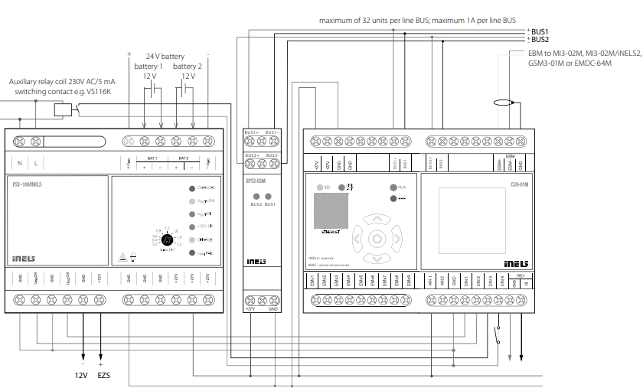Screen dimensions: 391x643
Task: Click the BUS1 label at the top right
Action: tap(540, 31)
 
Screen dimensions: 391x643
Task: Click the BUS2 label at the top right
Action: tap(540, 39)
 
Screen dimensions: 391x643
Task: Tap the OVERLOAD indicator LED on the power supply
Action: tap(193, 187)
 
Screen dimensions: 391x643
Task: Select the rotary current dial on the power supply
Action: tap(162, 239)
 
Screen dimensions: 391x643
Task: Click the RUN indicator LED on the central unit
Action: tap(393, 187)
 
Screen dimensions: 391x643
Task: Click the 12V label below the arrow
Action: tap(82, 376)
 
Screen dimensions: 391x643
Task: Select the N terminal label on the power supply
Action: tap(20, 163)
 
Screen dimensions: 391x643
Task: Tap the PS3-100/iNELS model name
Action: tap(28, 184)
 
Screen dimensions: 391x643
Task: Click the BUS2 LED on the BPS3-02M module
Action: tap(256, 197)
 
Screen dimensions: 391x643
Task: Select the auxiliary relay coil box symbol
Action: tap(63, 109)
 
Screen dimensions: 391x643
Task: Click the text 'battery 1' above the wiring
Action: tap(149, 67)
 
